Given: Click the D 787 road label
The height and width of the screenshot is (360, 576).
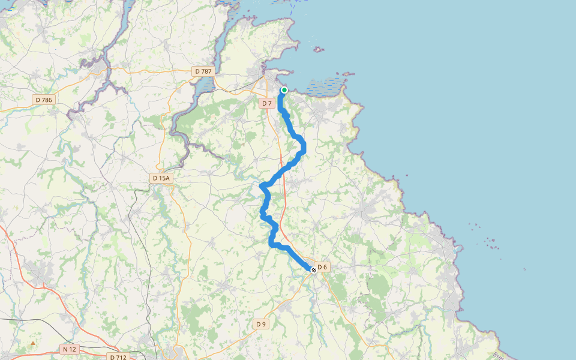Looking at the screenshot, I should [203, 71].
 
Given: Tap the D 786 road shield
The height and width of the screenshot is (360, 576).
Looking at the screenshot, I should [44, 100].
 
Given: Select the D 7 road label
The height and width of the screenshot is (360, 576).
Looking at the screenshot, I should [267, 104].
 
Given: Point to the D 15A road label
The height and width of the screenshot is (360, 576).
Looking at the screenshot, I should [161, 178].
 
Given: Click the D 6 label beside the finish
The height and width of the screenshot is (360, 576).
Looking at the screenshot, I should [322, 267].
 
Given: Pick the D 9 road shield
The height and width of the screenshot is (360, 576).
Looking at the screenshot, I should [260, 324].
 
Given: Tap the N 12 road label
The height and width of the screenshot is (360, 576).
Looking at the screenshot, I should [70, 349].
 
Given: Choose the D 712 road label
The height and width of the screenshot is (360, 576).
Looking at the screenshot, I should [118, 357].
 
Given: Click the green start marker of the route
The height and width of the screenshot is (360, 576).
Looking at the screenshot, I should [284, 90].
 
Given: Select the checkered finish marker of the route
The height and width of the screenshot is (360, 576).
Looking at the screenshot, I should [313, 270].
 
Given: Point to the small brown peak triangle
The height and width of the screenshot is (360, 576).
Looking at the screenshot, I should [32, 344].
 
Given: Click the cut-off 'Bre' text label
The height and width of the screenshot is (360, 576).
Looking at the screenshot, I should [498, 355].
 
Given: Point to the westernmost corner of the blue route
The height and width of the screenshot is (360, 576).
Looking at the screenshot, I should [262, 186].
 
